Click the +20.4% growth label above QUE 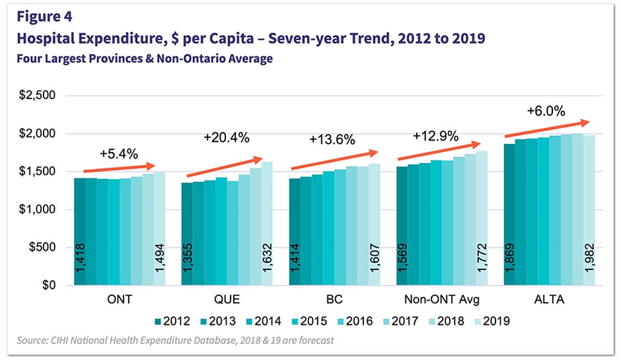pos(226,138)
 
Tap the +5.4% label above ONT pos(119,153)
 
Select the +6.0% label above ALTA pos(546,111)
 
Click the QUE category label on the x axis pos(227,299)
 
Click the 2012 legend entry pos(174,322)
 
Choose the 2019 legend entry pos(492,322)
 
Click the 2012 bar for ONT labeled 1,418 pos(80,231)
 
